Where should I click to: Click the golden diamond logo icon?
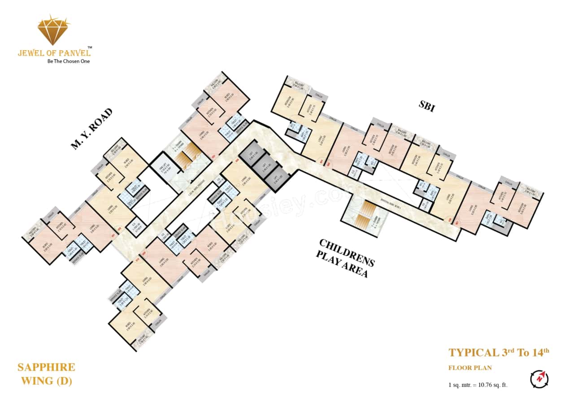tap(53, 30)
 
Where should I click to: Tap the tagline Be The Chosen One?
tap(69, 61)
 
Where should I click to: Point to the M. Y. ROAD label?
tap(91, 128)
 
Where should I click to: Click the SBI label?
tap(426, 107)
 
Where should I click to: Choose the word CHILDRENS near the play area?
tap(346, 252)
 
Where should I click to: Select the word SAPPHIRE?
tap(46, 368)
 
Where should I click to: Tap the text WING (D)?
tap(45, 382)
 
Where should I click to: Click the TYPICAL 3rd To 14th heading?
tap(499, 352)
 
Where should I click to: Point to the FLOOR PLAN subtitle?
tap(470, 368)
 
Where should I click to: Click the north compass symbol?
tap(539, 379)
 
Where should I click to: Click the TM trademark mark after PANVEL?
tap(90, 47)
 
